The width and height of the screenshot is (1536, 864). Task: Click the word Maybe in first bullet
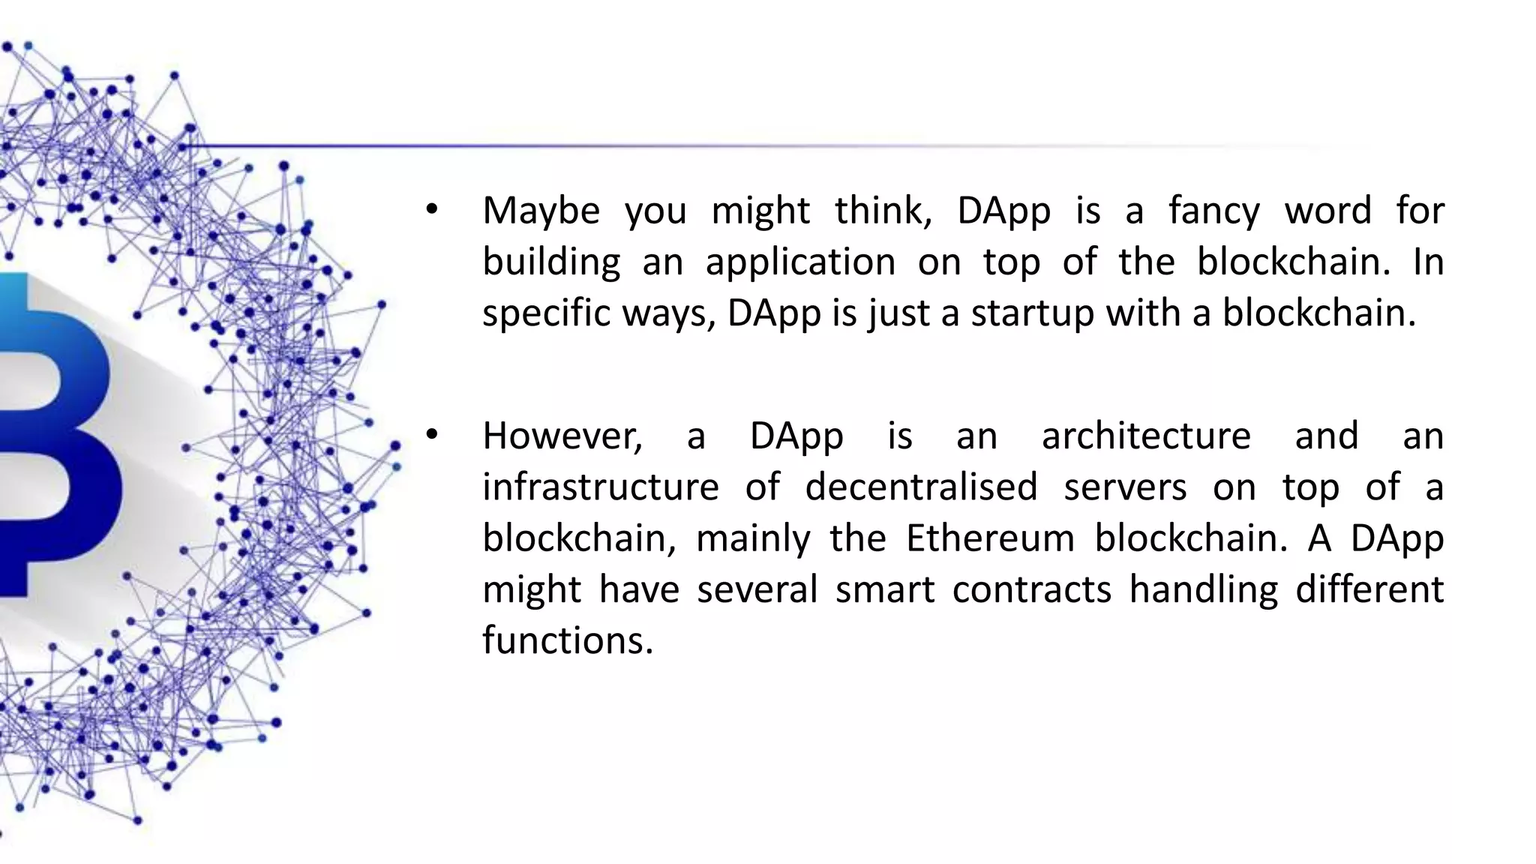tap(541, 211)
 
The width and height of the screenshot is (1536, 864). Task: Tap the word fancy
tap(1213, 211)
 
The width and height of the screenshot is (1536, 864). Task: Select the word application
tap(800, 262)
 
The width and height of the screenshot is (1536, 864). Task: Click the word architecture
tap(1146, 436)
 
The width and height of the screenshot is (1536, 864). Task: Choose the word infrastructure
tap(600, 487)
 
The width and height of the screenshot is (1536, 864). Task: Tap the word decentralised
tap(921, 487)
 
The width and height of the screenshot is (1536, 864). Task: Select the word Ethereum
tap(990, 538)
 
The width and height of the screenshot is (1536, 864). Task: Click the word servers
tap(1125, 487)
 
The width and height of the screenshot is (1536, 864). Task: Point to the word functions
tap(568, 640)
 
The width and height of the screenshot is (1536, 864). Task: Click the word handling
tap(1203, 589)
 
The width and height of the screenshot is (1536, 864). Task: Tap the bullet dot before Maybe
tap(430, 210)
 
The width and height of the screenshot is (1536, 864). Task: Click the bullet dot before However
tap(430, 435)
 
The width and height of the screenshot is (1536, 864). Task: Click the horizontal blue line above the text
tap(675, 145)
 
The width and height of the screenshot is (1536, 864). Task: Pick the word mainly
tap(753, 538)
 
